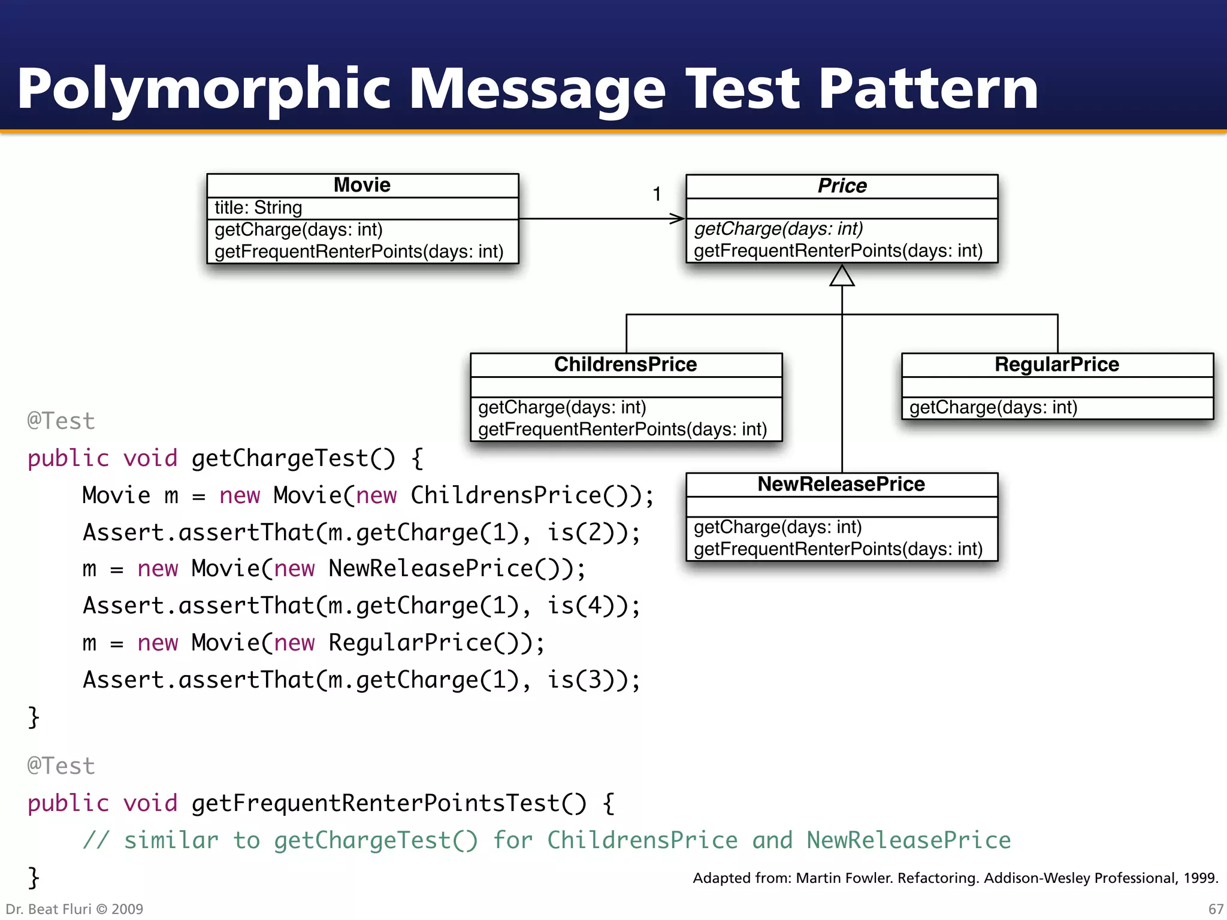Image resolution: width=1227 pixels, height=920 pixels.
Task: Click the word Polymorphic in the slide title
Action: tap(204, 90)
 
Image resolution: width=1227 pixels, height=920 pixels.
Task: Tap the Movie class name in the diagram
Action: tap(362, 185)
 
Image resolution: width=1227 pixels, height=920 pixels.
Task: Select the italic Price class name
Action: tap(842, 186)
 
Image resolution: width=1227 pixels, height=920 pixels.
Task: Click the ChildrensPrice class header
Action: tap(625, 364)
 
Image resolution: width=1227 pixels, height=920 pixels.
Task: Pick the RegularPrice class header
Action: tap(1057, 364)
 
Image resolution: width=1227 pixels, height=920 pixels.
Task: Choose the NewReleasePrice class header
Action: tap(841, 484)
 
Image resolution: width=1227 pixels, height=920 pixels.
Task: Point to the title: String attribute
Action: tap(258, 208)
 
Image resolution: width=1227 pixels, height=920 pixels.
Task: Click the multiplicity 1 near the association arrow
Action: tap(657, 194)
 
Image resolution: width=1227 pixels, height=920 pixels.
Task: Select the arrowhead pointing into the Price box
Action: tap(678, 219)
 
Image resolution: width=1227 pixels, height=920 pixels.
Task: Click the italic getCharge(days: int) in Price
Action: tap(778, 229)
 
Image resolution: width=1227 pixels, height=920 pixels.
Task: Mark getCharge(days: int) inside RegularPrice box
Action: tap(993, 408)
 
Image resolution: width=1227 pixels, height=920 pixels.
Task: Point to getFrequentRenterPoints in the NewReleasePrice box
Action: tap(838, 549)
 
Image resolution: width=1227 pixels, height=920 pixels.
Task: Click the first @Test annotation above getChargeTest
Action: tap(61, 421)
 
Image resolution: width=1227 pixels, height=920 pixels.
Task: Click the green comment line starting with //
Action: tap(546, 840)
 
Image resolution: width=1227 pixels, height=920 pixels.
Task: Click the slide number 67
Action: tap(1216, 909)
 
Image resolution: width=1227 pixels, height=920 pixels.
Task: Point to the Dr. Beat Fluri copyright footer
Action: tap(74, 909)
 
